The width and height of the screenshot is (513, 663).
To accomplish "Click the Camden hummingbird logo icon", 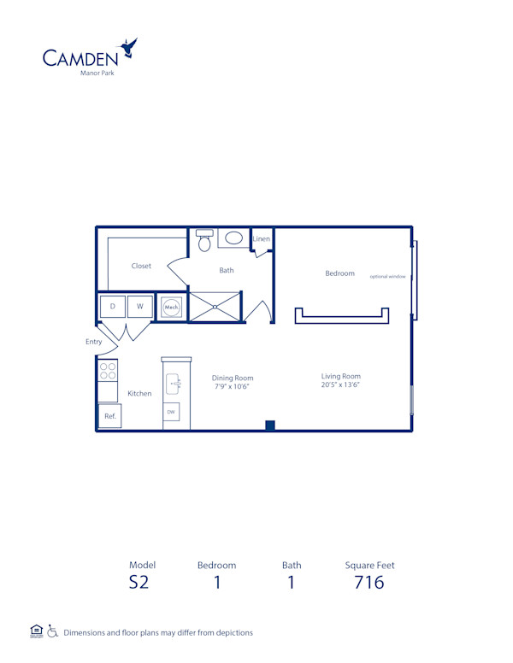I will point(128,48).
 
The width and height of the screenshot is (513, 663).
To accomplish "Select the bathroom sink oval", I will point(233,238).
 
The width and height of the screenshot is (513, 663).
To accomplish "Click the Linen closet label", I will point(262,239).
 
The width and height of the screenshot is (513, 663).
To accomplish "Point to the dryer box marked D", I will point(112,306).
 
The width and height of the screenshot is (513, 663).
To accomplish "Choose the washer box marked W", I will point(140,306).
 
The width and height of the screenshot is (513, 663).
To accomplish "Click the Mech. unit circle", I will point(171,307).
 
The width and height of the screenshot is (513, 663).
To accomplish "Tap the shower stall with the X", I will point(215,307).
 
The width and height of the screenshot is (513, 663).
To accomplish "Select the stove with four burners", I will point(108,371).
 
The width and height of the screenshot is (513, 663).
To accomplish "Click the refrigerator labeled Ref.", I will point(109,416).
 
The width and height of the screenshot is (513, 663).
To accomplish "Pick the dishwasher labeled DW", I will point(172,411).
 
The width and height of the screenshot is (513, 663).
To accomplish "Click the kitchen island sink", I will point(172,382).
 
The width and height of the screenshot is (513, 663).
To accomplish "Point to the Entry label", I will point(93,342).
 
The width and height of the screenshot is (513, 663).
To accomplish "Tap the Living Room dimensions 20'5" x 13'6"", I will point(340,385).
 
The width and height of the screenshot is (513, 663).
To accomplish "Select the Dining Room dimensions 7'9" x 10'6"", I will point(233,387).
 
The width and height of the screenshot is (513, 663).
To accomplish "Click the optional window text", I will point(387,276).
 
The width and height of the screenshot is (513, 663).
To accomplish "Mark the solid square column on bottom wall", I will point(270,425).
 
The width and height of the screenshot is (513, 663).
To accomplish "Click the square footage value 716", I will point(369,584).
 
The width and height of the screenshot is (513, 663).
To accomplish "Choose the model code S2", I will point(139,584).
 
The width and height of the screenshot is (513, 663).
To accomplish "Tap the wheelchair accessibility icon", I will point(52,632).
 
